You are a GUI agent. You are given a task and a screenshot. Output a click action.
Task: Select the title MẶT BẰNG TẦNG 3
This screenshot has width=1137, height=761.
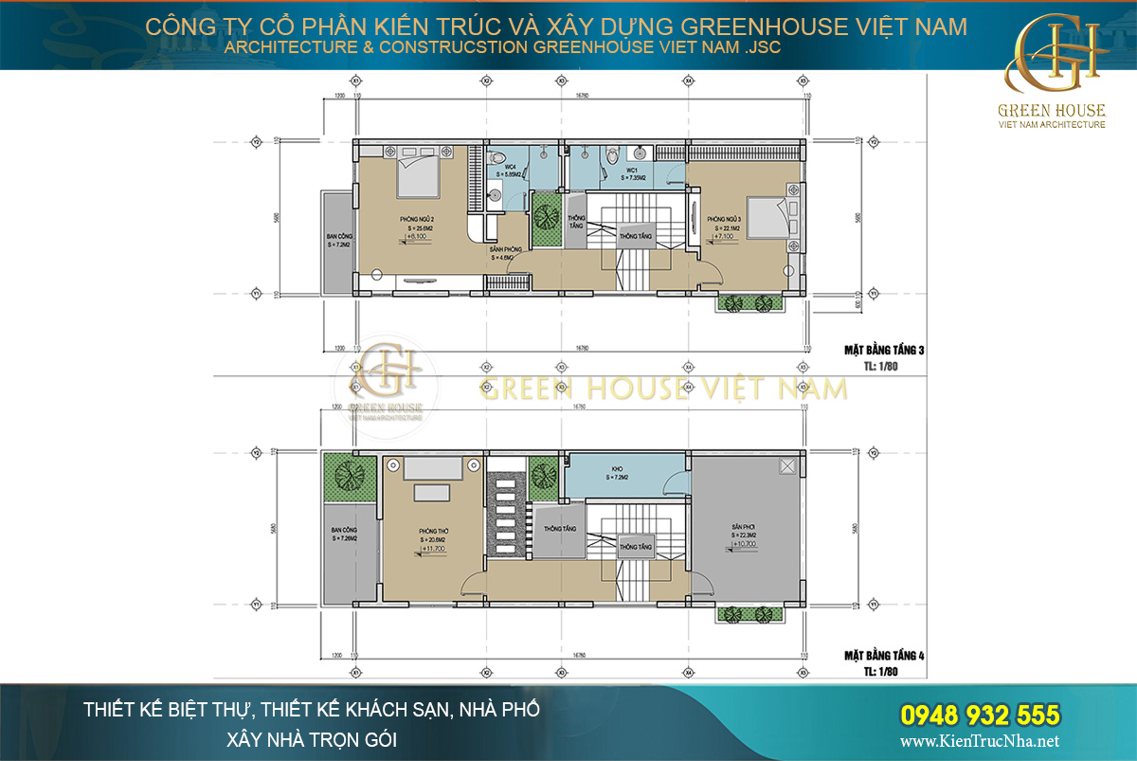point(883,350)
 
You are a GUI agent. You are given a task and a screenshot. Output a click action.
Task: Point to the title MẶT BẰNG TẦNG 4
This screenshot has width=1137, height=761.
point(883,655)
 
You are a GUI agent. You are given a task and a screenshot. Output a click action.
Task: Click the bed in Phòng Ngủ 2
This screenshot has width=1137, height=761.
point(417,172)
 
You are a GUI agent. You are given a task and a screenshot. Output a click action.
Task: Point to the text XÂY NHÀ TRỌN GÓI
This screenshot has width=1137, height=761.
point(311,738)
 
